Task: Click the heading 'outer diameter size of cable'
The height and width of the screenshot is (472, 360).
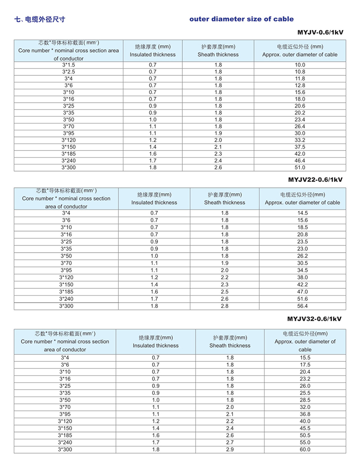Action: pos(241,19)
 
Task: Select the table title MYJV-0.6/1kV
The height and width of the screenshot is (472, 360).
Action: pos(320,33)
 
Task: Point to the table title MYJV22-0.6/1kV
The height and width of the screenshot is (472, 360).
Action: pos(316,179)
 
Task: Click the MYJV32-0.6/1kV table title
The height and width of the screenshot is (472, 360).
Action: pos(315,319)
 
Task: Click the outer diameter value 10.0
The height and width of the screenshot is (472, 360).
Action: pos(300,65)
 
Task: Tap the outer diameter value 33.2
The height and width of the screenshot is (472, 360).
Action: pos(300,140)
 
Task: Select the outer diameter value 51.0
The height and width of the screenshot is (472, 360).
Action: pos(300,168)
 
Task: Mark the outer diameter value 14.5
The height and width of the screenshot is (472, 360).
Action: pos(302,213)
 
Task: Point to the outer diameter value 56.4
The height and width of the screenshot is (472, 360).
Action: pos(302,306)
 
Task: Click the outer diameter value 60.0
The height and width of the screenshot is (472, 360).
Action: pos(305,449)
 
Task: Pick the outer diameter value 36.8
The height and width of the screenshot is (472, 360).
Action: pos(305,413)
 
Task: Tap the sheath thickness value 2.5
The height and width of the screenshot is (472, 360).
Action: pos(225,292)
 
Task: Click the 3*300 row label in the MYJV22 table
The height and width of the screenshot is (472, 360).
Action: pos(66,306)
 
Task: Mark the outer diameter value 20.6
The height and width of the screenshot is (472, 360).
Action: pos(300,106)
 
